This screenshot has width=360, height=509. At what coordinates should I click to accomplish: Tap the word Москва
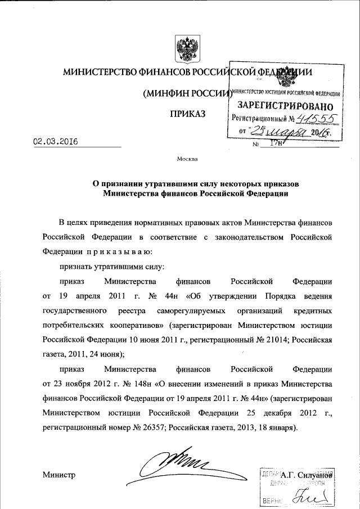(x=187, y=159)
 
